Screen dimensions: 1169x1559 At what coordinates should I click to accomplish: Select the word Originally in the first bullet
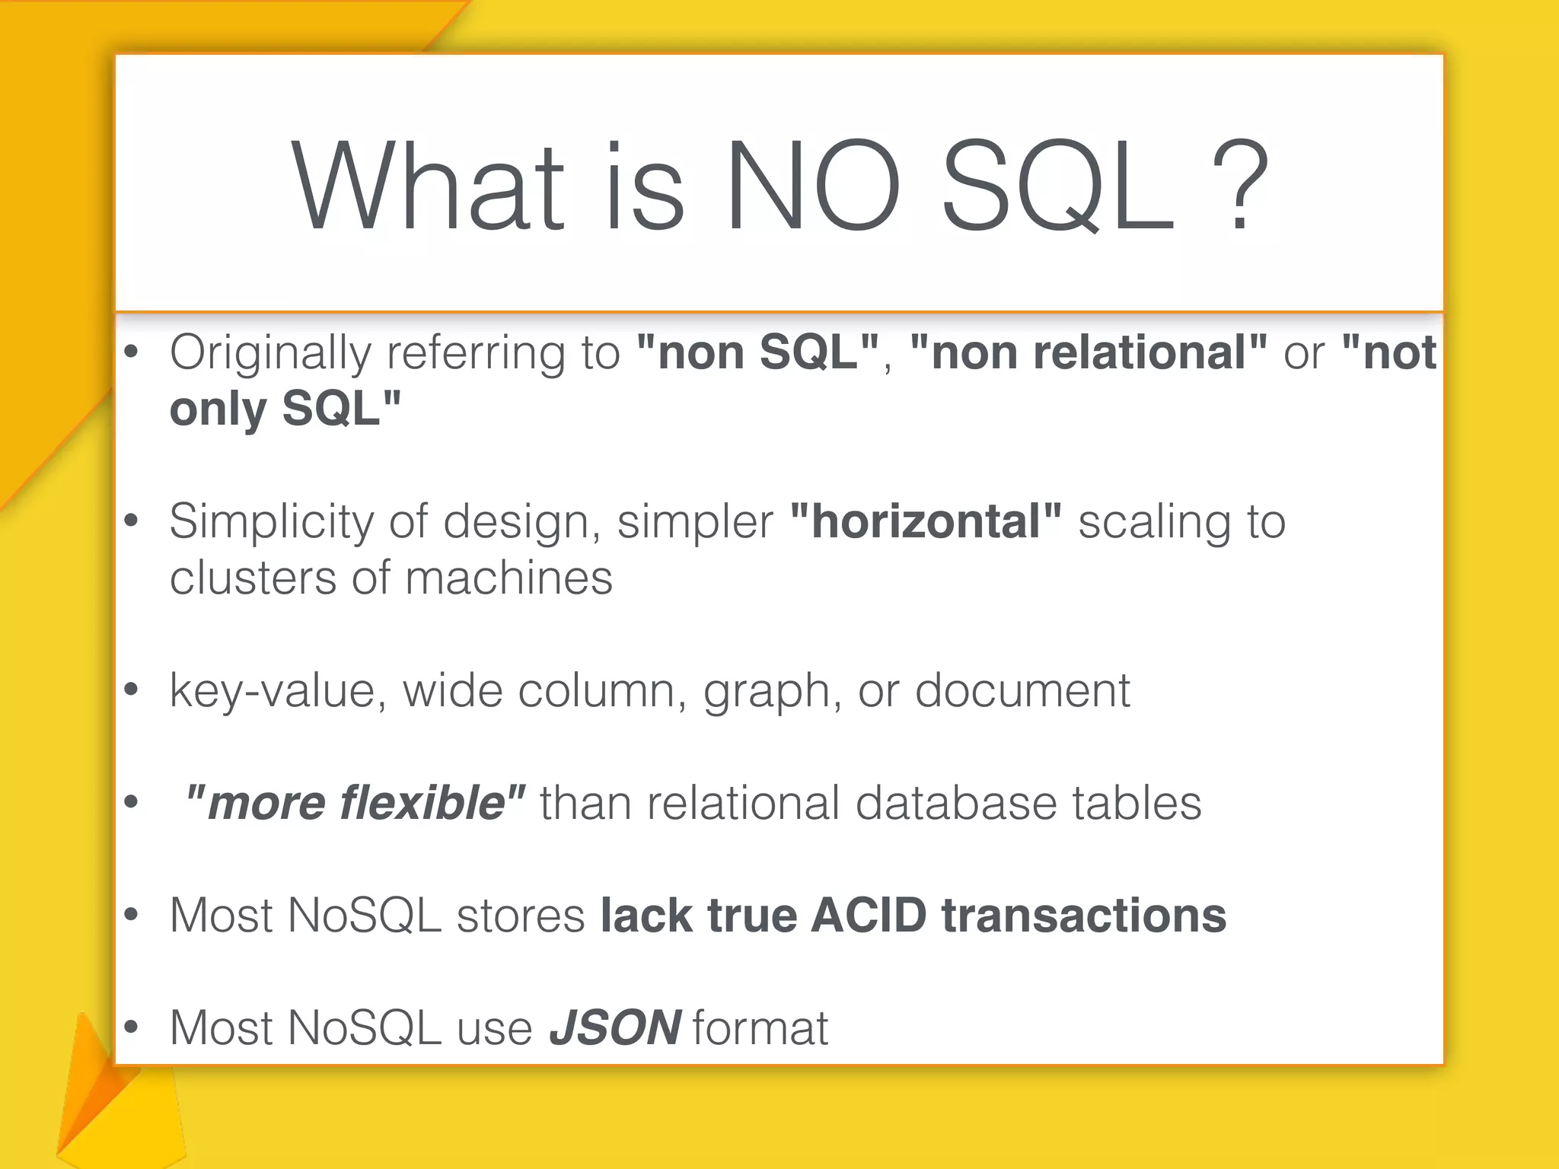coord(269,354)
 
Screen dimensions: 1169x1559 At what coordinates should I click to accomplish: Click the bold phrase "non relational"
coord(1088,352)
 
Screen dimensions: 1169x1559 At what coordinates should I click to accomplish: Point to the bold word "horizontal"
coord(926,521)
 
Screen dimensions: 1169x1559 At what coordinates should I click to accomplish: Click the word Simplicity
coord(271,523)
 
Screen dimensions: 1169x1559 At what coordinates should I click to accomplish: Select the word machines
coord(509,578)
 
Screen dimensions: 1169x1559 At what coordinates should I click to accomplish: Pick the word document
coord(1022,690)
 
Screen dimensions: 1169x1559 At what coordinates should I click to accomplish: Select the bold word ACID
coord(869,915)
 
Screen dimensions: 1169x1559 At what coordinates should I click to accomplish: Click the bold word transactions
coord(1084,915)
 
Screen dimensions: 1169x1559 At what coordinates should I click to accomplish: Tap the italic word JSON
coord(615,1027)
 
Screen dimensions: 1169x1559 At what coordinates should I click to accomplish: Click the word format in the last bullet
coord(760,1027)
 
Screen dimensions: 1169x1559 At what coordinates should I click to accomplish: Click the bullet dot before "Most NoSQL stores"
coord(132,914)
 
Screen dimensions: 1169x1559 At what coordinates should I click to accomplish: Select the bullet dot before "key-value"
coord(132,690)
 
